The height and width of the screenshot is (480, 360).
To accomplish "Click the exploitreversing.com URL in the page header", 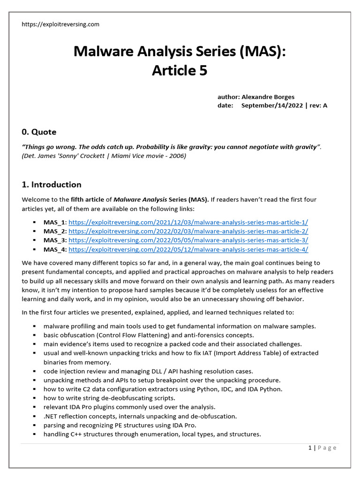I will click(60, 24).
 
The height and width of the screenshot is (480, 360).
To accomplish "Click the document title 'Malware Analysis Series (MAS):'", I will click(180, 51).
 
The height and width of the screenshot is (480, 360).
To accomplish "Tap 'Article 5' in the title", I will click(180, 70).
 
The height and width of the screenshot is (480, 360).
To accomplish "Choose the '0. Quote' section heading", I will click(39, 132).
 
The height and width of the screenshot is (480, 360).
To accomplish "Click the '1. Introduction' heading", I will click(52, 184).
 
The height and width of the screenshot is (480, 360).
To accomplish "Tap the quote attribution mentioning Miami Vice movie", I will click(104, 156).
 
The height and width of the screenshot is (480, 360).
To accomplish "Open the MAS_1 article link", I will click(188, 223).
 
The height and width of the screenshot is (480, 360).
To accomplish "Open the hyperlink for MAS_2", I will click(188, 232).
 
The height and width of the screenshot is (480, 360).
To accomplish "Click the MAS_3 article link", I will click(188, 240).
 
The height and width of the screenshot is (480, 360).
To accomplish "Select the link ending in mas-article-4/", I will click(188, 249).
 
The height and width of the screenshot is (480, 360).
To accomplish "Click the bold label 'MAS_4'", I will click(55, 249).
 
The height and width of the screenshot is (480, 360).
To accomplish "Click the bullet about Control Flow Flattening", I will click(149, 335).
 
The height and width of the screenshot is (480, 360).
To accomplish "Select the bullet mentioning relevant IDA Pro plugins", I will click(129, 407).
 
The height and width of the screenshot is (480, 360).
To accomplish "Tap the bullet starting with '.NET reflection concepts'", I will click(140, 416).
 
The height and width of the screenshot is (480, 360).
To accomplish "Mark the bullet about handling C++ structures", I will click(152, 434).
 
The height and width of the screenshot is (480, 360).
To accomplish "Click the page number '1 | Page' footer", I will click(322, 448).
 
